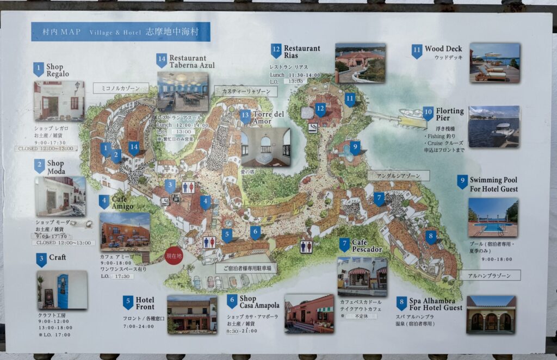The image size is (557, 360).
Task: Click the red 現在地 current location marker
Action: coord(174,256)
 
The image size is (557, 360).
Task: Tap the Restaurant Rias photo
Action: coord(360,63)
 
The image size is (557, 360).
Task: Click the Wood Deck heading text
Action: coord(443,49)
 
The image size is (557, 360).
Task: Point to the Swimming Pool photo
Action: coord(493,217)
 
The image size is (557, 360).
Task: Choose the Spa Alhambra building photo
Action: coord(491,314)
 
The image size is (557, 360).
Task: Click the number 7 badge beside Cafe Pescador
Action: coord(344,245)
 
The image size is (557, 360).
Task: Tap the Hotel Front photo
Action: coord(191,314)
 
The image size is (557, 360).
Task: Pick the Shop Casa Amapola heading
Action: coord(259,302)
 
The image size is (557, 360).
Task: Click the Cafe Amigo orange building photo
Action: coord(125,230)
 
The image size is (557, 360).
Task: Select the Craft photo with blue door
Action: coord(62,290)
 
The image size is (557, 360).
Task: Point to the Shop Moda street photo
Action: coord(60,196)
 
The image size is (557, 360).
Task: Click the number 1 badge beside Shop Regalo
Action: coord(38,70)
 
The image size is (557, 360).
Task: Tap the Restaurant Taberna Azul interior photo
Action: coord(182,91)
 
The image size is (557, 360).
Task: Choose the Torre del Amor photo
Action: coord(265,147)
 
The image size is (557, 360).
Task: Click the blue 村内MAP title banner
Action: coord(120,32)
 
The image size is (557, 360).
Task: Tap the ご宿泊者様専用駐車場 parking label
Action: coord(246,268)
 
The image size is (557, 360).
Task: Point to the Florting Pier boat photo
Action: coord(493,127)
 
